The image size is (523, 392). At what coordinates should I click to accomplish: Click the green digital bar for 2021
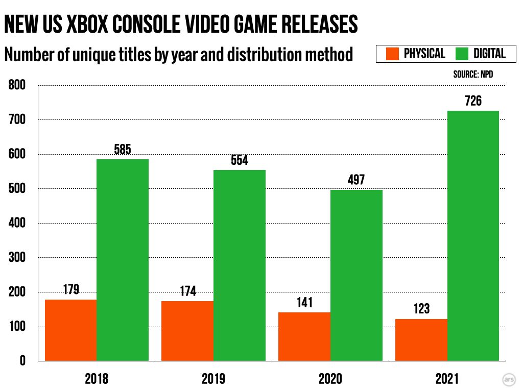point(473,236)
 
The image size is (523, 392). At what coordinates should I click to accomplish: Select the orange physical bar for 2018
point(70,330)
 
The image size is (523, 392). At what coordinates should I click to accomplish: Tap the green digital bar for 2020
point(356,275)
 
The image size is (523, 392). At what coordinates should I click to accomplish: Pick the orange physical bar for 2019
point(187,331)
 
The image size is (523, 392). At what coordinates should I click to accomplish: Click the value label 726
point(473,101)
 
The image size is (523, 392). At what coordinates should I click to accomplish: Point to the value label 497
point(356,180)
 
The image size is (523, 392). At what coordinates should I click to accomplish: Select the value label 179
point(70,290)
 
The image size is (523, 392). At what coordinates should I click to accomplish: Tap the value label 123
point(421,309)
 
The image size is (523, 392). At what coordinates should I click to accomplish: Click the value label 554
point(240,160)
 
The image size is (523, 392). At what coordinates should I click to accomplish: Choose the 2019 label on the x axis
point(213,379)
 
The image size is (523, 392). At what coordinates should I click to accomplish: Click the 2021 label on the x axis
point(447,379)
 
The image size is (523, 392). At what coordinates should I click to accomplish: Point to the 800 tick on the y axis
point(17,85)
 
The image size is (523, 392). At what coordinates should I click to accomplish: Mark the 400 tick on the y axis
point(17,223)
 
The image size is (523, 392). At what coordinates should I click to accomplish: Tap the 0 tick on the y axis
point(22,361)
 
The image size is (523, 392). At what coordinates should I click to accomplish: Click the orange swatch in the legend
point(392,54)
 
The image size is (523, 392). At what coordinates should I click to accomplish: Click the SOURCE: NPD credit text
point(473,75)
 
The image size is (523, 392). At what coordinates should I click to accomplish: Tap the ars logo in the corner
point(509,380)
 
